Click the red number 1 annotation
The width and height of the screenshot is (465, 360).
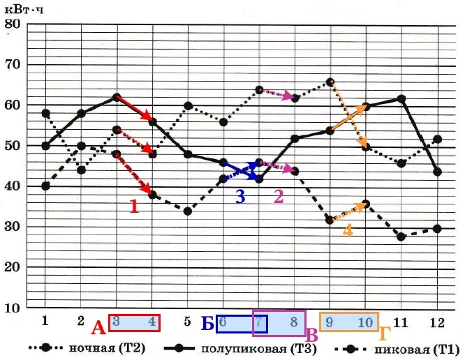pos(134,207)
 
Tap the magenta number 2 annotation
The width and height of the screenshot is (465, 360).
pos(279,196)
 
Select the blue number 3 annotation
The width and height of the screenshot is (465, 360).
pos(240,197)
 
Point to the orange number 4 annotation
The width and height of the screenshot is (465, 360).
pos(348,230)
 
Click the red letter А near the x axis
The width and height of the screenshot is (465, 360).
pos(98,329)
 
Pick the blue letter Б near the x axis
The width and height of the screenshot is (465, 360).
pos(207,323)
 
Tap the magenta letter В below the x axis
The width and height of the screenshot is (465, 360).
pos(311,335)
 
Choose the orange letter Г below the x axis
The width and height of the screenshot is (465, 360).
pos(384,334)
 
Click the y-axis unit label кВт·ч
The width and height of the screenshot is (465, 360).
pos(24,10)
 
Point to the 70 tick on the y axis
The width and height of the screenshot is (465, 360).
pos(13,64)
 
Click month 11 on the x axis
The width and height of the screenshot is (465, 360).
pos(401,322)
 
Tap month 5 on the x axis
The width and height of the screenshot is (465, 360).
pos(187,322)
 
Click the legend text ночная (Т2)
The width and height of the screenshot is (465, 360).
pos(108,348)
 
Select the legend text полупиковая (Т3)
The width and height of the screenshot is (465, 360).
pos(258,349)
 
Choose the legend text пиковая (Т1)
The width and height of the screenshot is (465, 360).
pos(417,350)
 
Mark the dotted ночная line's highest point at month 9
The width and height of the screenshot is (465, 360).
pos(330,82)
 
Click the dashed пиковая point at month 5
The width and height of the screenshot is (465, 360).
pos(187,211)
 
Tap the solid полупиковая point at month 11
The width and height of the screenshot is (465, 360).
pos(401,98)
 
